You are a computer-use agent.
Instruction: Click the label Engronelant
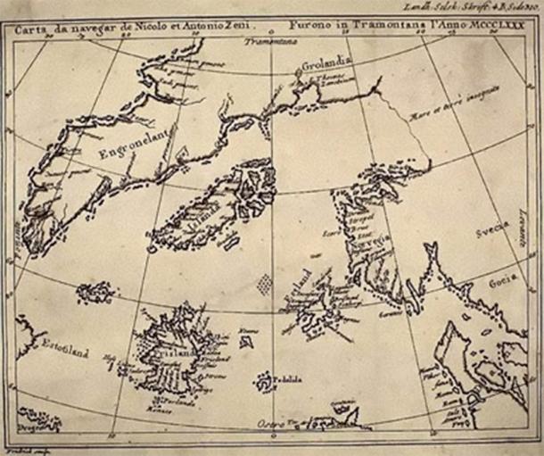[136, 144]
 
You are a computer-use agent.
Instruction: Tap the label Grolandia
[327, 64]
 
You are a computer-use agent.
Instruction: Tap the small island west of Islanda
[95, 292]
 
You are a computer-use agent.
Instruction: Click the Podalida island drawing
[266, 382]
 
